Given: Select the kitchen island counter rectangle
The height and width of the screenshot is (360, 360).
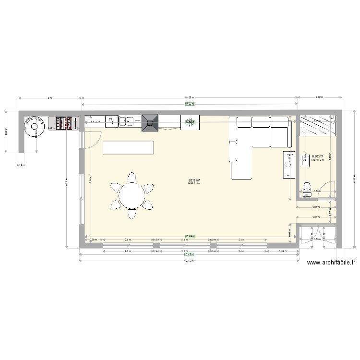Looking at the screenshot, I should point(128,147).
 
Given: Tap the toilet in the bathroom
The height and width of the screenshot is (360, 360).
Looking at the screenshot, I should point(307,189).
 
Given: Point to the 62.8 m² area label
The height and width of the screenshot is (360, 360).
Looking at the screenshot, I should point(193,180).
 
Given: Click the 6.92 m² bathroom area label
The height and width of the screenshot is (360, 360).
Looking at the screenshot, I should point(317,156).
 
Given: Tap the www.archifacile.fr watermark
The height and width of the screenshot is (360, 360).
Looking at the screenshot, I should point(332,263).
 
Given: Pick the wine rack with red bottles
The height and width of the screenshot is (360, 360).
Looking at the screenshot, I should point(66,123).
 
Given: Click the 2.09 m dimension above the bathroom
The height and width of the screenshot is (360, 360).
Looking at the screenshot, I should point(319,97).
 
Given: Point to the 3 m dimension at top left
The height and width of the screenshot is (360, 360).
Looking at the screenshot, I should point(49,97).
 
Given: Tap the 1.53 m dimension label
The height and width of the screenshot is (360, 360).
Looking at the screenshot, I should point(283,251).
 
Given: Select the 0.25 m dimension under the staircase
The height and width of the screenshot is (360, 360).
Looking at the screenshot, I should point(20,166).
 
